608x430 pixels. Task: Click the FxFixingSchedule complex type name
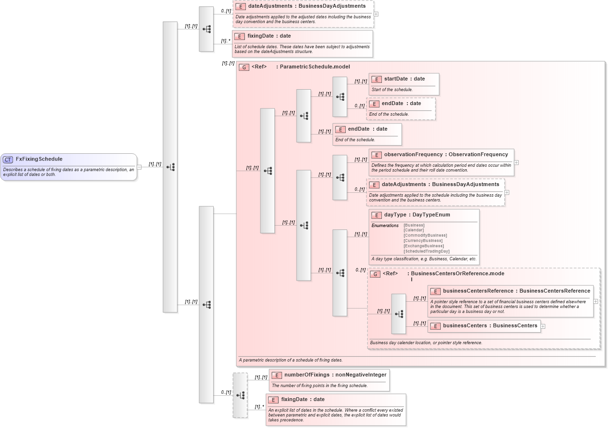[x=39, y=159]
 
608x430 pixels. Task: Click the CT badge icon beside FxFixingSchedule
[x=8, y=160]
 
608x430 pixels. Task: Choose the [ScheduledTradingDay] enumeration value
[x=426, y=251]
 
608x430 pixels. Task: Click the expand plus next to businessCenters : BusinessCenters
[x=543, y=326]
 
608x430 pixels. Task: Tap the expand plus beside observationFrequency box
[x=516, y=163]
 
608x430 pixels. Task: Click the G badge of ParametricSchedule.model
[x=244, y=67]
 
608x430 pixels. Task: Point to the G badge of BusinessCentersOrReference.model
[x=375, y=274]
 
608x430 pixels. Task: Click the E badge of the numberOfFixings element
[x=276, y=375]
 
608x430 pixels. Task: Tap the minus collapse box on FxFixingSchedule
[x=139, y=167]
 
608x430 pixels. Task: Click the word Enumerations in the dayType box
[x=385, y=226]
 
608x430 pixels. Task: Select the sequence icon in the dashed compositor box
[x=240, y=395]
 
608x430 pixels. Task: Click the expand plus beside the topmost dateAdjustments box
[x=376, y=14]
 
